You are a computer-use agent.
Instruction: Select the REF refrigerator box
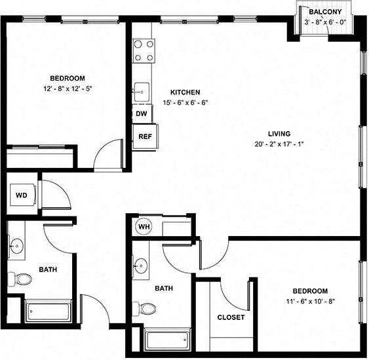(144, 137)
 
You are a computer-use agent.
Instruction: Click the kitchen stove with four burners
(144, 50)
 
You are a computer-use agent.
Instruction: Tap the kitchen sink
(141, 93)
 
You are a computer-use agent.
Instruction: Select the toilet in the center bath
(148, 308)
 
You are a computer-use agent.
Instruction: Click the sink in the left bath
(18, 247)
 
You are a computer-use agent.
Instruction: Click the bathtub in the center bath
(167, 339)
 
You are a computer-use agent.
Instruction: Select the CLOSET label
(231, 317)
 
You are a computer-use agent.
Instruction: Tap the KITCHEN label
(185, 92)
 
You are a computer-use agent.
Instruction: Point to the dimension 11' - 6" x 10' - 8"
(310, 302)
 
